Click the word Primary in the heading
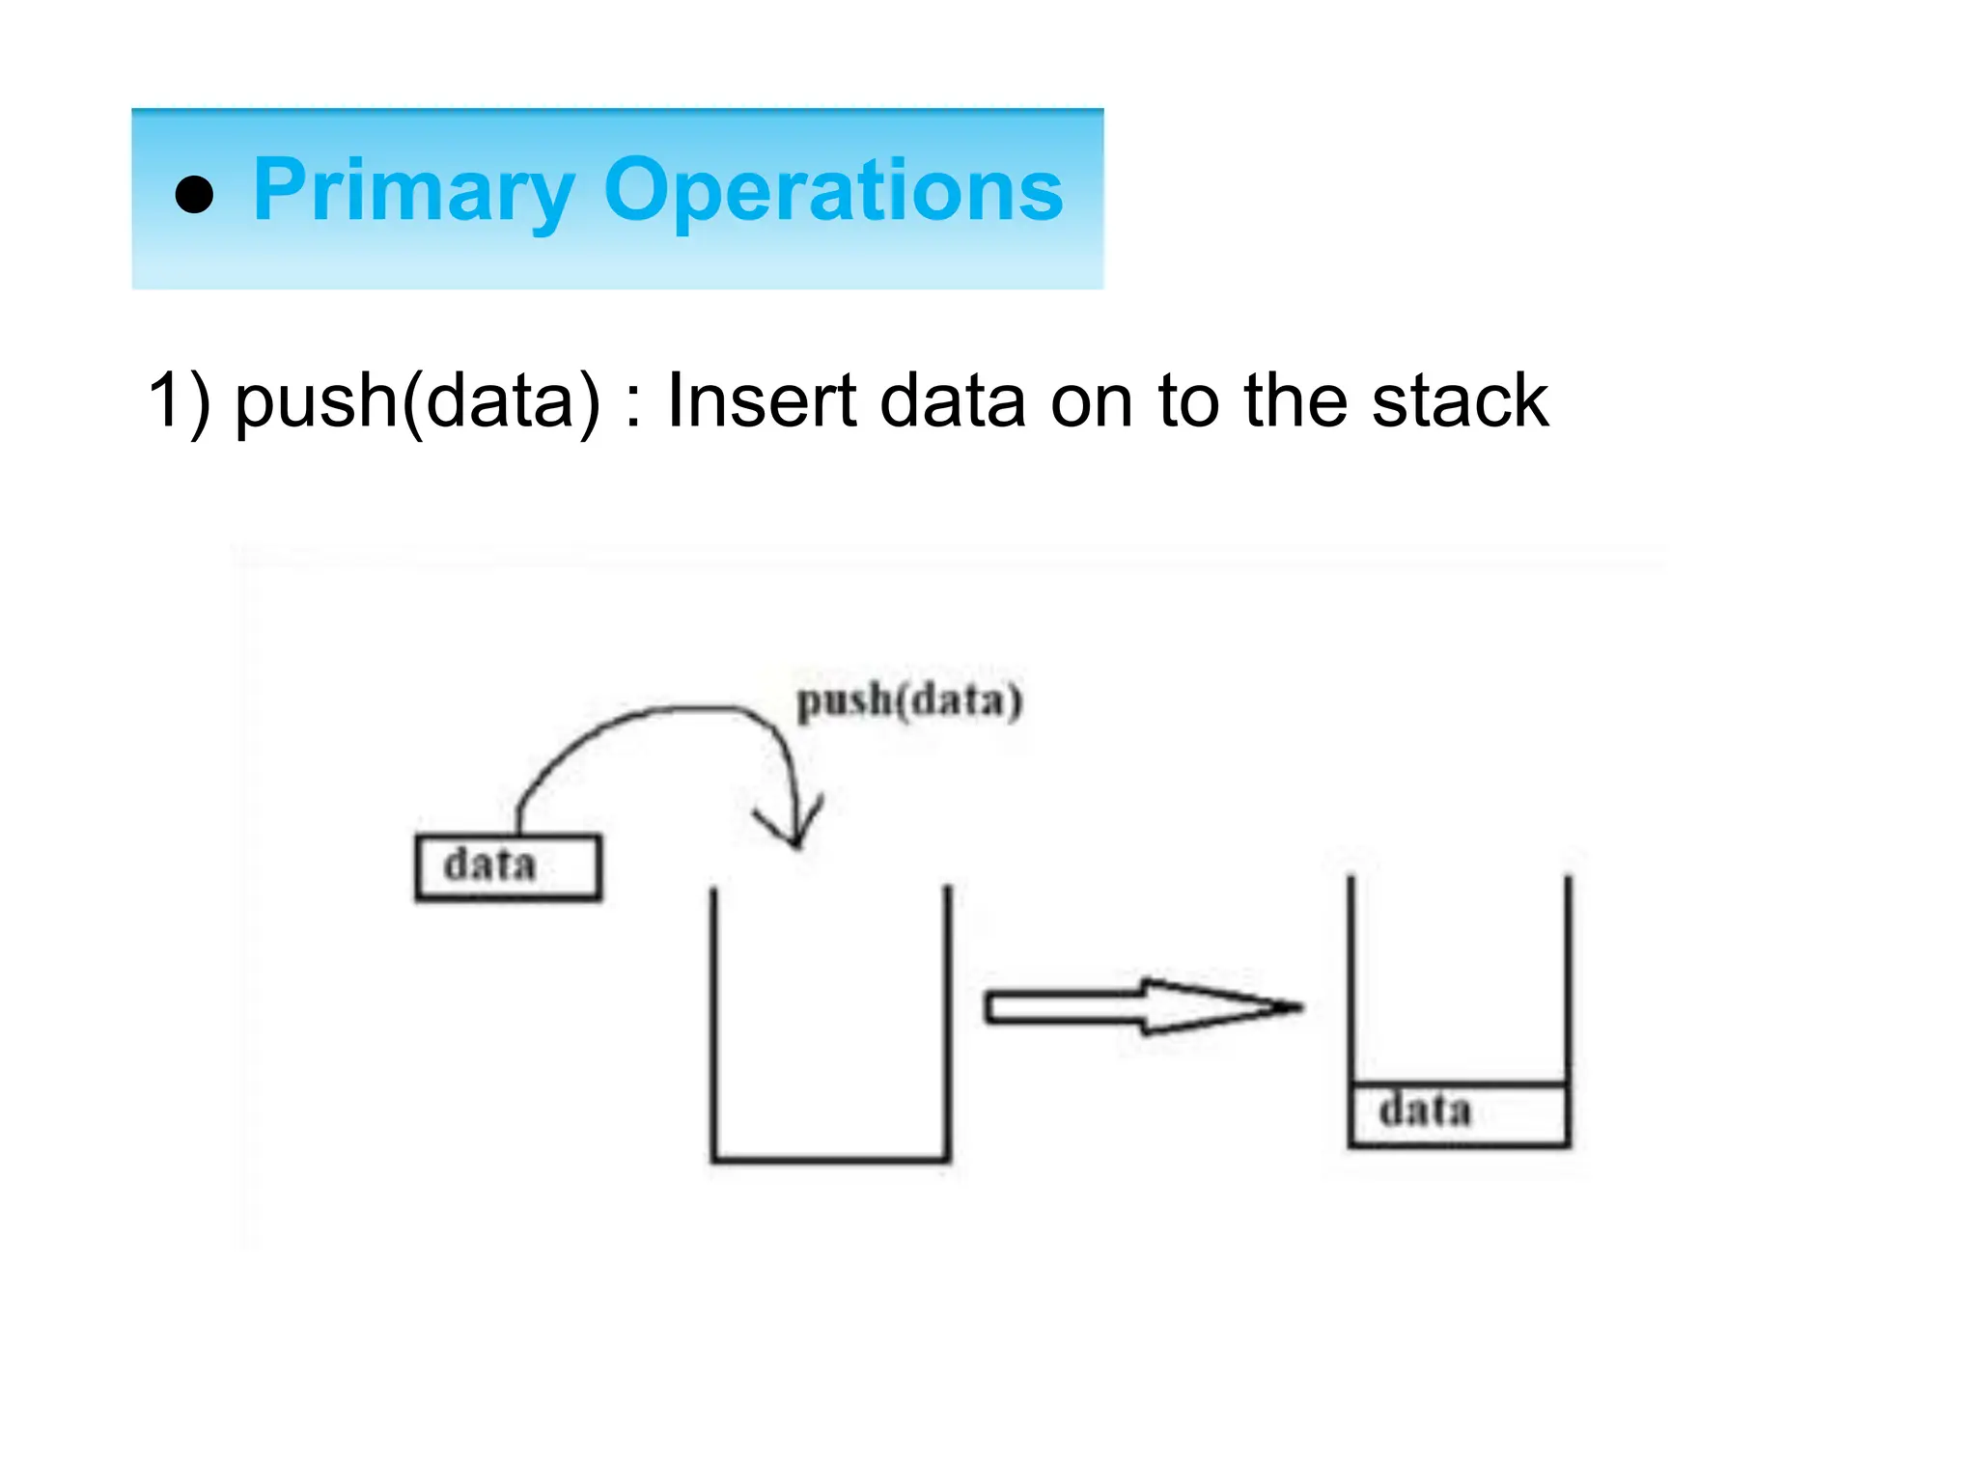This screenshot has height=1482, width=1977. (x=413, y=191)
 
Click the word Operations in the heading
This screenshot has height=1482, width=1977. (x=832, y=191)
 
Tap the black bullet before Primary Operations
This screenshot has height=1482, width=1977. (x=194, y=194)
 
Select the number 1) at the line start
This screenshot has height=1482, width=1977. (x=178, y=400)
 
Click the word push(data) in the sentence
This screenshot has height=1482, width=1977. (x=417, y=400)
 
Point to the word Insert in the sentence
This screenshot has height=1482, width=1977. (x=761, y=400)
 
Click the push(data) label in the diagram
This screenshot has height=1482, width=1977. (x=908, y=700)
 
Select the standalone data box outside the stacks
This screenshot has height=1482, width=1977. (x=508, y=866)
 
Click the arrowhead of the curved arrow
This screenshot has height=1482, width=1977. (x=794, y=830)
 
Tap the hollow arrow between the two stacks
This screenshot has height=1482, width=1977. (x=1139, y=1007)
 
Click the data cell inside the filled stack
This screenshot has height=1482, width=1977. (x=1459, y=1113)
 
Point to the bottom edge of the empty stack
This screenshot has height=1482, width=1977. (x=830, y=1158)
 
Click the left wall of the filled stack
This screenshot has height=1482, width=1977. (x=1350, y=974)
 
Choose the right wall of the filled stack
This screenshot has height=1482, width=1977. (x=1568, y=974)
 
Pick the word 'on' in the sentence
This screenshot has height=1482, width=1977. (x=1091, y=400)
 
